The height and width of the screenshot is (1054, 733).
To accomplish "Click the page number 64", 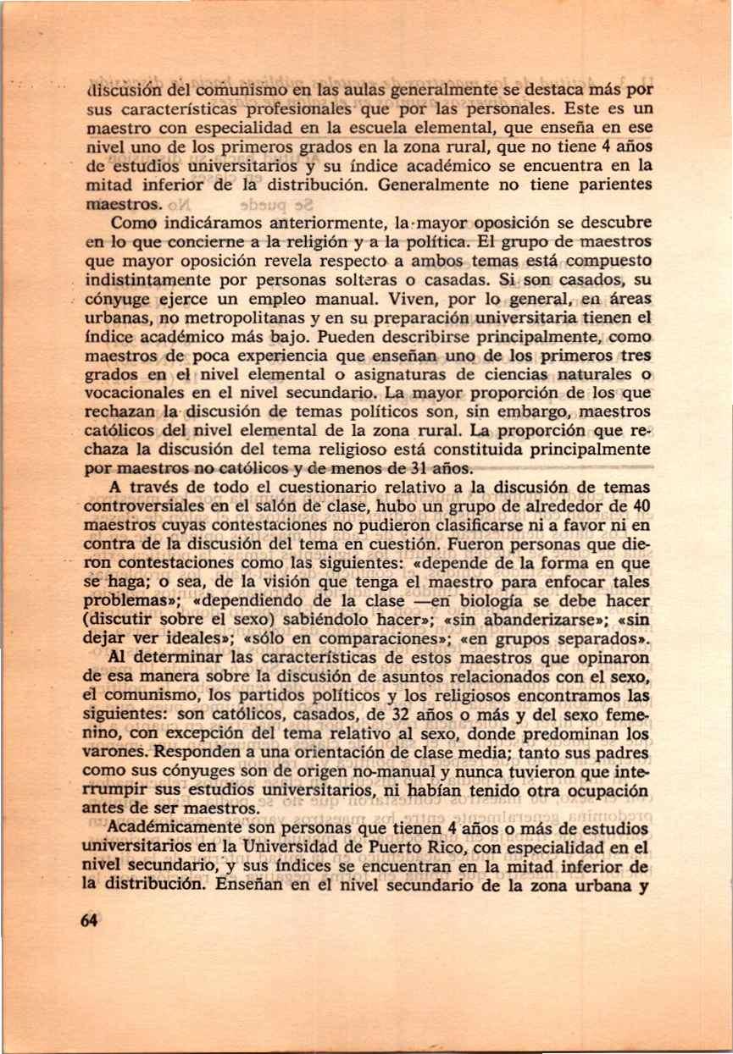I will [x=89, y=922].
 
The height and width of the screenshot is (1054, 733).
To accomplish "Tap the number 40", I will [x=641, y=505].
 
